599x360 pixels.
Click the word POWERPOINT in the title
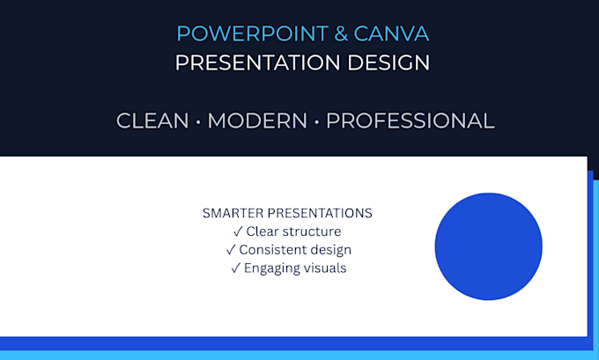pyautogui.click(x=253, y=33)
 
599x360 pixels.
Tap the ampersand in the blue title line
pyautogui.click(x=341, y=33)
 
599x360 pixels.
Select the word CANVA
pyautogui.click(x=391, y=33)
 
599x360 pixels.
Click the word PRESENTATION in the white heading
pyautogui.click(x=257, y=62)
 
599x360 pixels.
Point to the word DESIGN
pyautogui.click(x=388, y=62)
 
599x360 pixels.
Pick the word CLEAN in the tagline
pyautogui.click(x=152, y=121)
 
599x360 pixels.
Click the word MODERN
pyautogui.click(x=257, y=121)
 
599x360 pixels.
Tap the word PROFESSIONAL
pyautogui.click(x=410, y=121)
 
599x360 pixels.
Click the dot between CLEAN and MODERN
pyautogui.click(x=198, y=122)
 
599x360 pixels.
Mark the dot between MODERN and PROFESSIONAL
pyautogui.click(x=316, y=122)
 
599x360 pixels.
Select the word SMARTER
pyautogui.click(x=233, y=213)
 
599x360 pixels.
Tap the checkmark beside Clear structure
pyautogui.click(x=238, y=231)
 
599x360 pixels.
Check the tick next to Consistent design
pyautogui.click(x=231, y=250)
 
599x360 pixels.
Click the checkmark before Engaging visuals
pyautogui.click(x=235, y=268)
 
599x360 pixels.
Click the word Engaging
pyautogui.click(x=272, y=268)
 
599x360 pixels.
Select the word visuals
pyautogui.click(x=325, y=268)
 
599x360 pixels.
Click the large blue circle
pyautogui.click(x=488, y=246)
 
